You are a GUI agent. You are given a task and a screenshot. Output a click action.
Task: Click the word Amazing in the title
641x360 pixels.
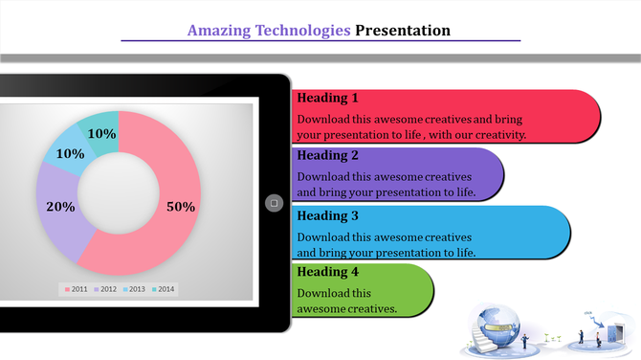[x=219, y=31]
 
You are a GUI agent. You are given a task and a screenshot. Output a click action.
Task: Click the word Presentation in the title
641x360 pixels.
[x=402, y=31]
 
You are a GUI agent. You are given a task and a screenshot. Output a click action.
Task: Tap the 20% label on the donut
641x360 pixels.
[x=60, y=207]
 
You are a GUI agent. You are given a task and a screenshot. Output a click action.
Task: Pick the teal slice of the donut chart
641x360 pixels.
[x=100, y=125]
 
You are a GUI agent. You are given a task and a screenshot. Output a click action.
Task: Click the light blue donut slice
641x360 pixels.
[x=65, y=152]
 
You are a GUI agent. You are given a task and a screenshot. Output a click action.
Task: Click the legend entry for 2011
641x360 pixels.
[x=77, y=289]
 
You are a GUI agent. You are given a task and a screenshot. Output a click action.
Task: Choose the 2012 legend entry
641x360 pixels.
[x=104, y=289]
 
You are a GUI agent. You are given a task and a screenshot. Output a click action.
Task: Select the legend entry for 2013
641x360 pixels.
[x=134, y=289]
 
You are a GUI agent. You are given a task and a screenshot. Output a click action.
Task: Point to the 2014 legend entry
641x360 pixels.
[x=163, y=289]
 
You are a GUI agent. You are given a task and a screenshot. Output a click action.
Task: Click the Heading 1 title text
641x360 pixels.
[x=327, y=98]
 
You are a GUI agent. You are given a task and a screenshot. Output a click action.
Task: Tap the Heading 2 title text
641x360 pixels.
[x=327, y=155]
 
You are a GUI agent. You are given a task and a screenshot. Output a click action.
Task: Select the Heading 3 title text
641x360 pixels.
[x=327, y=215]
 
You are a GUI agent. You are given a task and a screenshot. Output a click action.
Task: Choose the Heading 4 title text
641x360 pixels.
[x=327, y=273]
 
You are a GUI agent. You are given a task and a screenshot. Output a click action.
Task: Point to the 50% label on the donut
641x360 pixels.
[x=181, y=207]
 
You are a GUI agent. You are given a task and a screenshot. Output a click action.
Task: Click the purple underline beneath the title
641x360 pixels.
[x=320, y=41]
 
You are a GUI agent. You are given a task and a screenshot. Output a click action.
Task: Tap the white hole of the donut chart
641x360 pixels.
[x=118, y=194]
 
